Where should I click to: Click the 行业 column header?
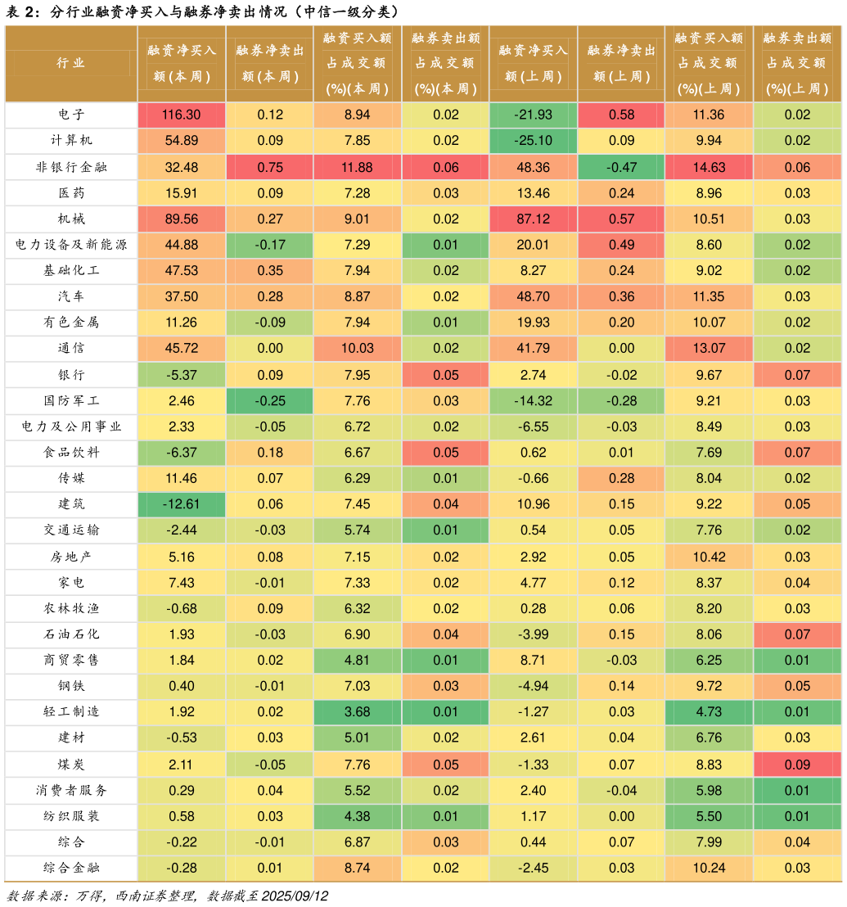[71, 63]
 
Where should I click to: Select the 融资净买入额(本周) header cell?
[182, 63]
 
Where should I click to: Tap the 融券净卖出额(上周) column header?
[621, 63]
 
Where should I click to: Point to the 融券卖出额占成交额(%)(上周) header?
[797, 63]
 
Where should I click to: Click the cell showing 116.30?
[182, 115]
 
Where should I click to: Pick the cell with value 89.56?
[182, 219]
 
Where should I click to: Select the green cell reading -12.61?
[182, 505]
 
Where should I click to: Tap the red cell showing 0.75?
[270, 167]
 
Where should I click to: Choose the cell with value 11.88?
[358, 167]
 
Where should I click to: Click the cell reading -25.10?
[533, 141]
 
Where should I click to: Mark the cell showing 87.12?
[533, 219]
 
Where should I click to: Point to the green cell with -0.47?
[621, 167]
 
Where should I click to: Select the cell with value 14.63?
[709, 167]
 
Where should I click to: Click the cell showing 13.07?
[709, 349]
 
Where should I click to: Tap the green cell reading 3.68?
[358, 712]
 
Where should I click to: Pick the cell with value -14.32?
[533, 401]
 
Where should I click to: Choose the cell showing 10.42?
[709, 557]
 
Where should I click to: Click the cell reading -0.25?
[270, 401]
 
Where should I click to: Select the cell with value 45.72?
[182, 349]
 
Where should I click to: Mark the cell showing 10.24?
[709, 869]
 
